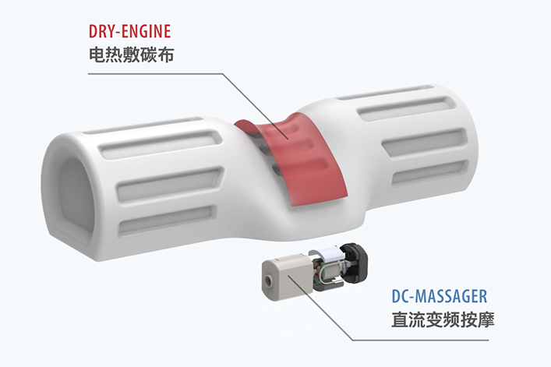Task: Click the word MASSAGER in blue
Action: pyautogui.click(x=455, y=297)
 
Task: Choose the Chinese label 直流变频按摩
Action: pyautogui.click(x=442, y=319)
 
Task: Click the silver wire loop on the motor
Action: pyautogui.click(x=315, y=266)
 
